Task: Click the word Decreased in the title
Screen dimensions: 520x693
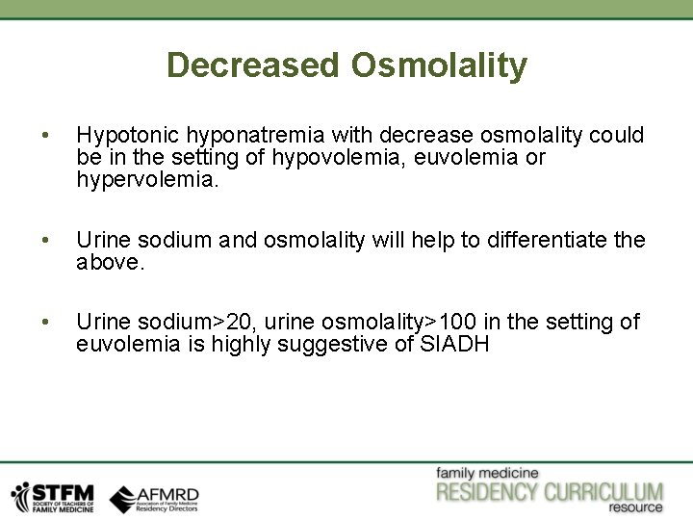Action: click(x=253, y=65)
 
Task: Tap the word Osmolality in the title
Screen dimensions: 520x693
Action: click(x=439, y=65)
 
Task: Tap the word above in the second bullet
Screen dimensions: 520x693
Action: click(x=110, y=261)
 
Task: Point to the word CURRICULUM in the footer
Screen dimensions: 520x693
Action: click(x=603, y=492)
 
